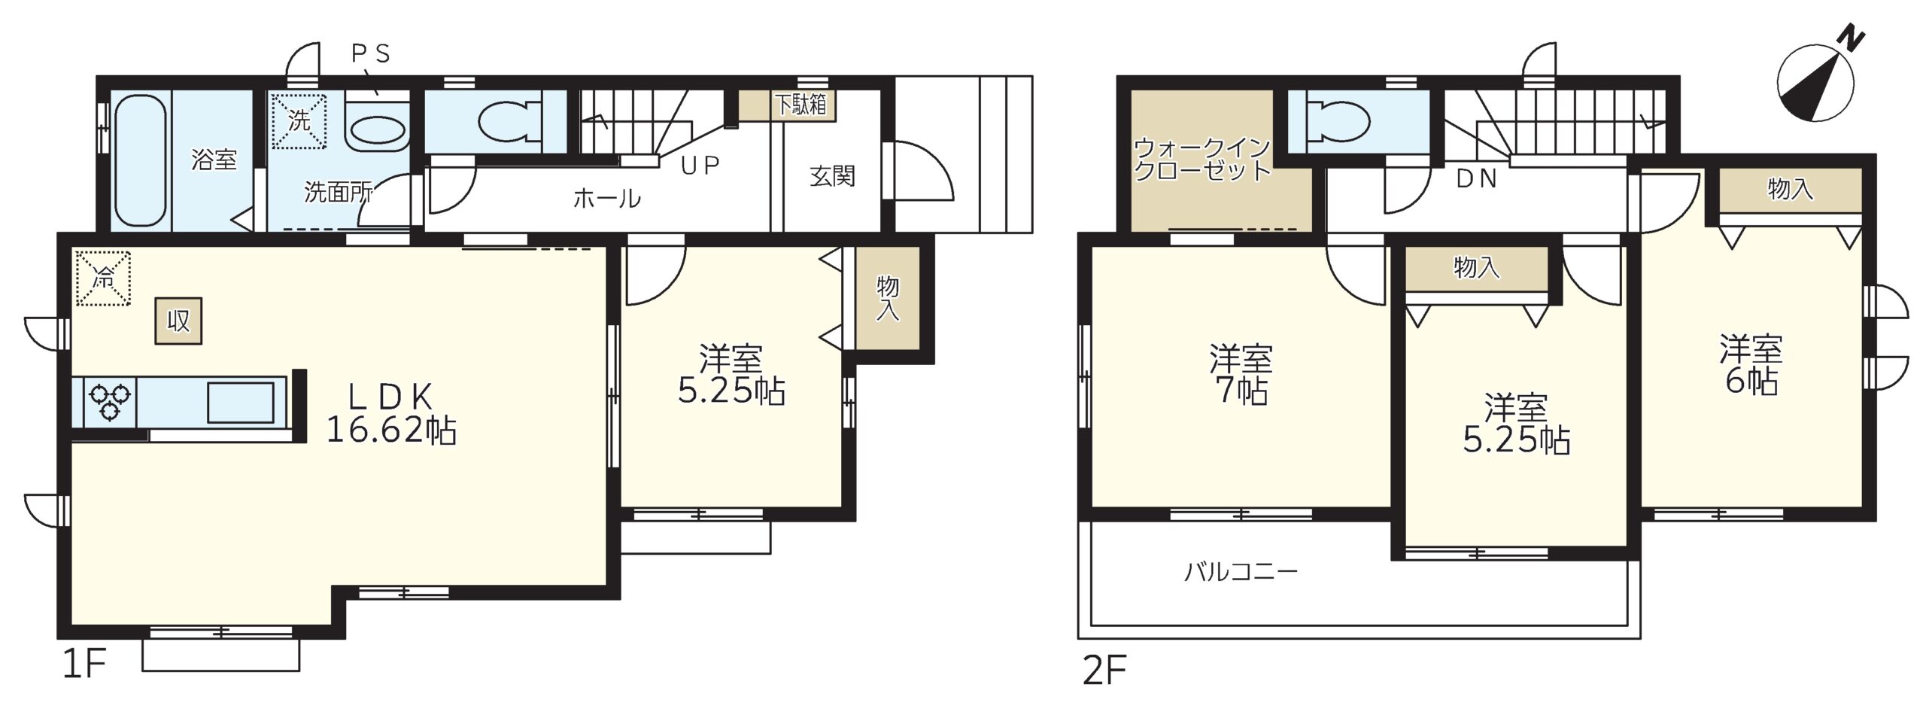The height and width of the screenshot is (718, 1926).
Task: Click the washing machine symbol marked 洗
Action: pyautogui.click(x=299, y=120)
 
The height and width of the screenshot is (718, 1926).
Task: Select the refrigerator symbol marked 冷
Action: pyautogui.click(x=103, y=278)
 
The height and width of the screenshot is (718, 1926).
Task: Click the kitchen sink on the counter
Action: pyautogui.click(x=241, y=403)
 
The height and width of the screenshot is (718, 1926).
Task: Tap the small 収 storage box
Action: pyautogui.click(x=178, y=321)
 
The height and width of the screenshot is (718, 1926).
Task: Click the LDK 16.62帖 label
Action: pyautogui.click(x=391, y=413)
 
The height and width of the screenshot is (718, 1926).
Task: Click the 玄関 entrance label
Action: pyautogui.click(x=832, y=176)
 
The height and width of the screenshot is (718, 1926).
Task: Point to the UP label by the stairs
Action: pyautogui.click(x=700, y=166)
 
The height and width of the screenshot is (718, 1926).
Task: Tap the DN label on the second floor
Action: pyautogui.click(x=1477, y=179)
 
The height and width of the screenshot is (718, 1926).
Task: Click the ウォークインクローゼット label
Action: pyautogui.click(x=1202, y=159)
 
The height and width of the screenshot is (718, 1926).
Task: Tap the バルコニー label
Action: pyautogui.click(x=1241, y=572)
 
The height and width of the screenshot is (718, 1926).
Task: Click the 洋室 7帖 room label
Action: pyautogui.click(x=1241, y=374)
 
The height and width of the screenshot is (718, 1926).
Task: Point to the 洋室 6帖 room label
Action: pyautogui.click(x=1751, y=365)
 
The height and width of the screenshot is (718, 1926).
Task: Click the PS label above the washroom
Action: pyautogui.click(x=372, y=54)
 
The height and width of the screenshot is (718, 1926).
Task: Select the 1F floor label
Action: pyautogui.click(x=84, y=664)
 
